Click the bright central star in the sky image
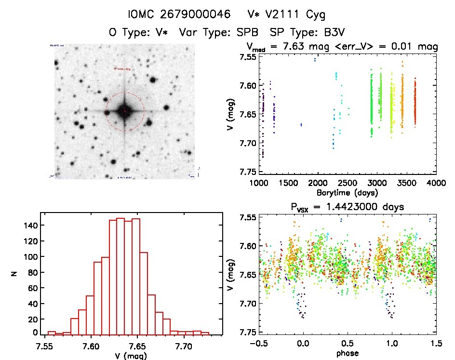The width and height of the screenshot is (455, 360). click(x=124, y=111)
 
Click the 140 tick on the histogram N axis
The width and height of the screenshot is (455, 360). click(x=30, y=225)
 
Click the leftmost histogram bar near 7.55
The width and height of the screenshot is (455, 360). click(x=52, y=333)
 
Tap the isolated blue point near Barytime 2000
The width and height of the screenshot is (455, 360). click(x=315, y=60)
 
